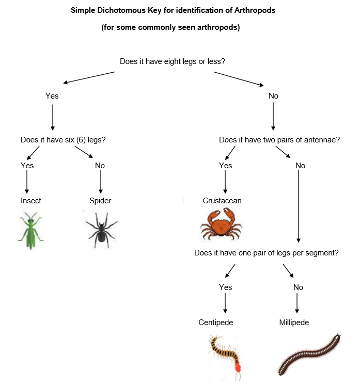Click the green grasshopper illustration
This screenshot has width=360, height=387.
30,230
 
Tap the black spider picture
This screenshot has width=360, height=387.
101,230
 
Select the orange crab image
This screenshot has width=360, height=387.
221,224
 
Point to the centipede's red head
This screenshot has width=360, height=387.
238,368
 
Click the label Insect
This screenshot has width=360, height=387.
31,201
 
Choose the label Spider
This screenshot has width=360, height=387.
100,201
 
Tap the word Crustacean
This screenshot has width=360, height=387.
222,201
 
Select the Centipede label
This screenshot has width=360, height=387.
216,322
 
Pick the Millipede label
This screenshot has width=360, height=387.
294,322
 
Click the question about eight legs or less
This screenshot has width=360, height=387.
173,61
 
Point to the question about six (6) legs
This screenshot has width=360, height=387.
63,140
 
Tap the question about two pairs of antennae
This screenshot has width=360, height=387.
279,140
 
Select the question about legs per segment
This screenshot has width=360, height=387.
267,253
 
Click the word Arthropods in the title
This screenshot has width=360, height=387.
255,10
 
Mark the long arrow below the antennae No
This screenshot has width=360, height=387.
299,206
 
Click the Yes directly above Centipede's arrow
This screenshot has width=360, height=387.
225,287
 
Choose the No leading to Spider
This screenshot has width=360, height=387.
100,166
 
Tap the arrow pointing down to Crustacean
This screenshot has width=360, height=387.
225,182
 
